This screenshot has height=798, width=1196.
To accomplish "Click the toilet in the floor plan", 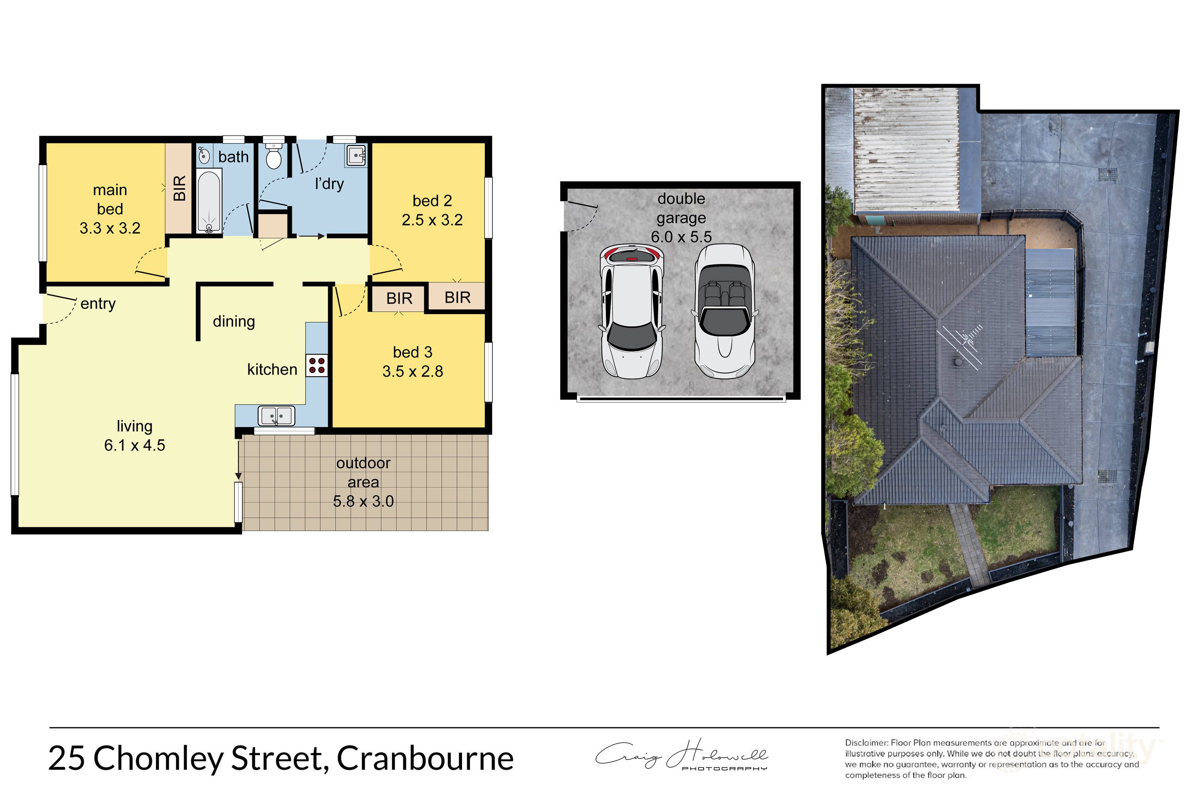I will (274, 155).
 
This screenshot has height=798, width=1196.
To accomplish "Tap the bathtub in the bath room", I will (209, 201).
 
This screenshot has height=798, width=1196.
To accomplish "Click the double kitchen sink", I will (276, 416).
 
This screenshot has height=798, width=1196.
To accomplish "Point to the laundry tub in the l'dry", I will (356, 155).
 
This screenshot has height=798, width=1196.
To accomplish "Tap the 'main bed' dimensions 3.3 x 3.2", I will (110, 228).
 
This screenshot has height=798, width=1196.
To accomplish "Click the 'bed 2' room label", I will (432, 201).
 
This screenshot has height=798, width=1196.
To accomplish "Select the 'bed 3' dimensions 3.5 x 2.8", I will (413, 372).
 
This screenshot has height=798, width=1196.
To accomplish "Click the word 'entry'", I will (98, 304).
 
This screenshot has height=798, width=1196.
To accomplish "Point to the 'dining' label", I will (234, 322).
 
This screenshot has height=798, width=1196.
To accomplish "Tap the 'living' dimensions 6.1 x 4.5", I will (134, 445).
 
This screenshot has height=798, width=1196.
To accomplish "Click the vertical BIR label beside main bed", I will (179, 188).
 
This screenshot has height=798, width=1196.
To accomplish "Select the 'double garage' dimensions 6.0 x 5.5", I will (681, 236).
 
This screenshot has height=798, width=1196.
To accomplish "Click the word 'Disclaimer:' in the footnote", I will (867, 743).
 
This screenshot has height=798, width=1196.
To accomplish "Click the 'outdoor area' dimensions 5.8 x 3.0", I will (363, 501).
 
